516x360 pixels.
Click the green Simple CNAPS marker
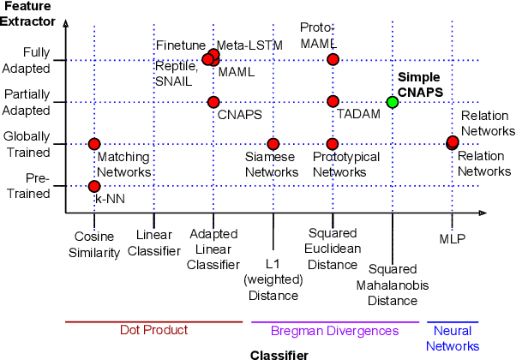click(393, 102)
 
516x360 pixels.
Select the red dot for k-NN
click(94, 186)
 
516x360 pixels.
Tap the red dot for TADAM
click(333, 102)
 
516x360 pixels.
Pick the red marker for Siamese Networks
click(273, 144)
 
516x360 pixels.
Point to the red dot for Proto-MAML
click(333, 59)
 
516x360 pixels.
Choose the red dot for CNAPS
click(213, 102)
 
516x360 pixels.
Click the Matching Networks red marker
click(94, 144)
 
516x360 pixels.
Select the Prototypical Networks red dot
click(333, 144)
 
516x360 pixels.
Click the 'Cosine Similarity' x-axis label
click(94, 243)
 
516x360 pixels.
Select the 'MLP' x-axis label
click(452, 237)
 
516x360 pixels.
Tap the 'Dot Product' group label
click(154, 330)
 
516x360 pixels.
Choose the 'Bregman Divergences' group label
click(335, 330)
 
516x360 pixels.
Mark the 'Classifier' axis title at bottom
click(279, 353)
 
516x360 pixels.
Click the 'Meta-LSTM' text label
click(243, 45)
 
